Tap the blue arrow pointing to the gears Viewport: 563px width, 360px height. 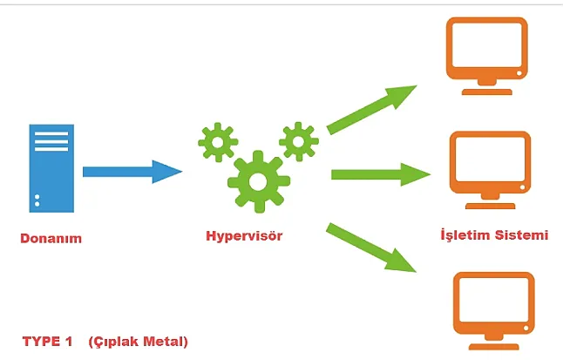click(x=131, y=171)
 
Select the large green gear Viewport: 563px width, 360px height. click(x=257, y=182)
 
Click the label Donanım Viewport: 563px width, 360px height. click(x=51, y=238)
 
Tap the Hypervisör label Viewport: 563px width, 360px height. click(x=244, y=235)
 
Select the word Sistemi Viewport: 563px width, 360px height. click(x=522, y=234)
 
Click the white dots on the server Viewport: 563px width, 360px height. click(x=37, y=202)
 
